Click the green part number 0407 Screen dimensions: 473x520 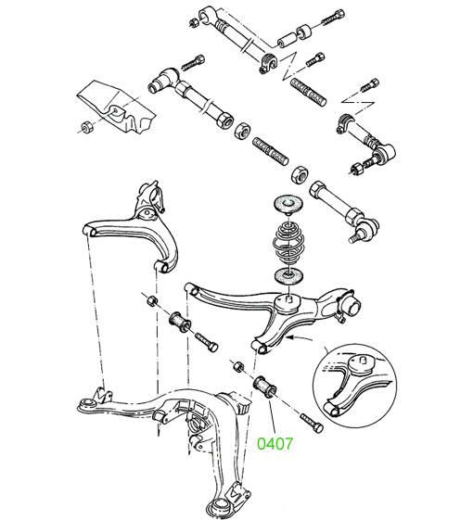(x=275, y=444)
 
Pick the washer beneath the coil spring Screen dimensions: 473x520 (x=288, y=275)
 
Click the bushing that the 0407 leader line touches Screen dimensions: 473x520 (x=264, y=386)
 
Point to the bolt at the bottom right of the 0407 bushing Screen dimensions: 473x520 (x=312, y=423)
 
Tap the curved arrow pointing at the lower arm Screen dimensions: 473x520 (x=300, y=338)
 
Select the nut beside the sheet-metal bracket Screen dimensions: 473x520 (x=87, y=127)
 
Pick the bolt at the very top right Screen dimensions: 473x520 (x=333, y=18)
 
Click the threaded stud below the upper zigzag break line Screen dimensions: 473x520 (x=308, y=92)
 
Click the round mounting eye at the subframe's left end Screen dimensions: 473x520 (x=88, y=404)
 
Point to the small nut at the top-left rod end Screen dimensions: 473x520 (x=193, y=23)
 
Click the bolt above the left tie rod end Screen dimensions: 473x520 (x=193, y=63)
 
